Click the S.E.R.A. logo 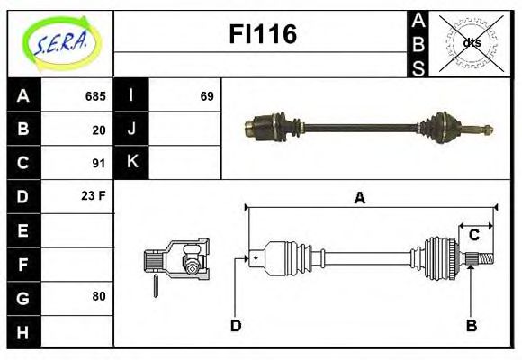[59, 41]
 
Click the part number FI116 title [261, 35]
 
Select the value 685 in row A [95, 96]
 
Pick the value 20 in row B [99, 130]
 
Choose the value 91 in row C [99, 163]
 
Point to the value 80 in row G [99, 296]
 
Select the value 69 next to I [206, 96]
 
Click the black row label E [22, 230]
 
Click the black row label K [132, 163]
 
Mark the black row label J [132, 130]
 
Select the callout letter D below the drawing [236, 325]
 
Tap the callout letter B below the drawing [471, 325]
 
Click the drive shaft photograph [369, 126]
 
